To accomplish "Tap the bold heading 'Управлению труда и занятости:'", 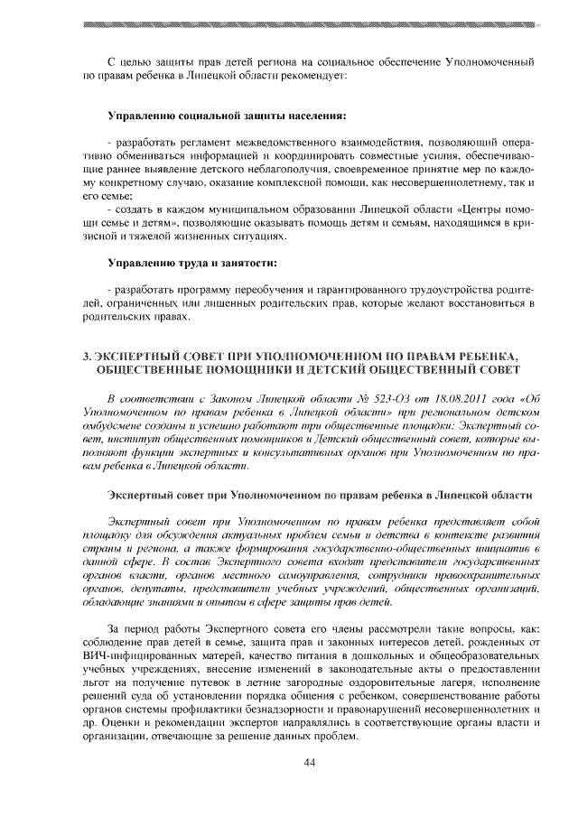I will tap(191, 263).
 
